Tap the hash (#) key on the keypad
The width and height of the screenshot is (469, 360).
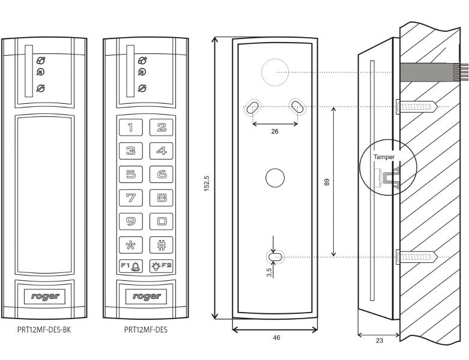[x=161, y=245]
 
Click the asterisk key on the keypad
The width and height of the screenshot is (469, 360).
[x=131, y=245]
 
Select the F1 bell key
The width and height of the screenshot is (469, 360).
[x=131, y=266]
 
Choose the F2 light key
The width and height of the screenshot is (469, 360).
[x=161, y=266]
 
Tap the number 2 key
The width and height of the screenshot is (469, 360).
[x=161, y=127]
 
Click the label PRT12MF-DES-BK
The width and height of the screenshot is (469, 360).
[x=44, y=329]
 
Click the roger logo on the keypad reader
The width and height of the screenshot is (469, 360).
[x=146, y=296]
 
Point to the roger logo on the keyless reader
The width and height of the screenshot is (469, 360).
[x=44, y=296]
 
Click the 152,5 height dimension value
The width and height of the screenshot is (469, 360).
[x=207, y=184]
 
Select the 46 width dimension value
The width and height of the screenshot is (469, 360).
[x=276, y=338]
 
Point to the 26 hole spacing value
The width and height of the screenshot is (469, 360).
[x=274, y=131]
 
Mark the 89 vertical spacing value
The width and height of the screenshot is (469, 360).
[x=327, y=182]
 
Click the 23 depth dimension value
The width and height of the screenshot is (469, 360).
[x=380, y=340]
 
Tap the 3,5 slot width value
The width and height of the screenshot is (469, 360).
[x=269, y=272]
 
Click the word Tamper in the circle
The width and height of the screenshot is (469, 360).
[x=384, y=157]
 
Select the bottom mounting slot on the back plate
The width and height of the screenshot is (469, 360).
[x=275, y=257]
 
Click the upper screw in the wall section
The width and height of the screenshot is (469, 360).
[x=417, y=107]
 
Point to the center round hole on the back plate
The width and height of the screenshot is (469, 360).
[x=275, y=178]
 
